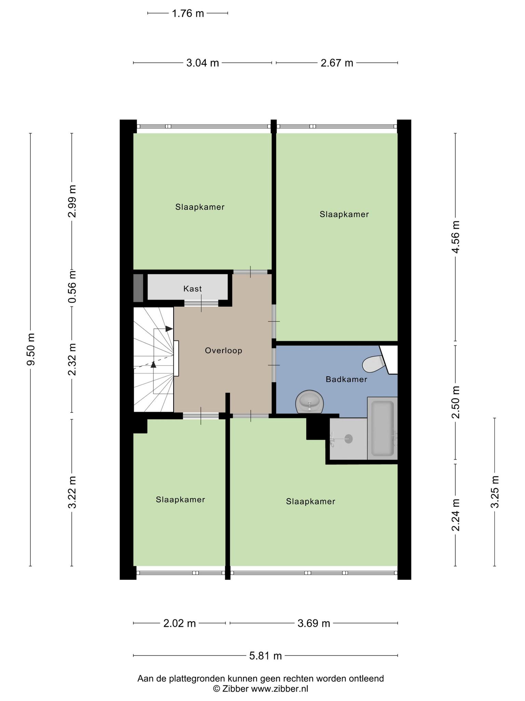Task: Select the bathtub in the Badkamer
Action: pos(382,429)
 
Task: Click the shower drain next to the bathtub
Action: pos(349,438)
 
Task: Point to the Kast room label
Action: pos(192,289)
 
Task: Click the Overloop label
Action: pos(224,350)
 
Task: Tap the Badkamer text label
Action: pos(347,379)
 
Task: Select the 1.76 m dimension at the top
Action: pos(188,13)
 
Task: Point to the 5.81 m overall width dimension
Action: pos(266,656)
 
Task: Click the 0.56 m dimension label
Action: pos(72,287)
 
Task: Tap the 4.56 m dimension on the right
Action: pos(456,237)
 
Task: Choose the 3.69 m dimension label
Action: pos(314,623)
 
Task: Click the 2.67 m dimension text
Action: pos(337,63)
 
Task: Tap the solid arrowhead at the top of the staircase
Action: pos(169,329)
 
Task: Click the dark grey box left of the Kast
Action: pos(138,288)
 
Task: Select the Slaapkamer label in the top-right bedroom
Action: pos(344,214)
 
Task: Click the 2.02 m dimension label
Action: pos(179,623)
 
